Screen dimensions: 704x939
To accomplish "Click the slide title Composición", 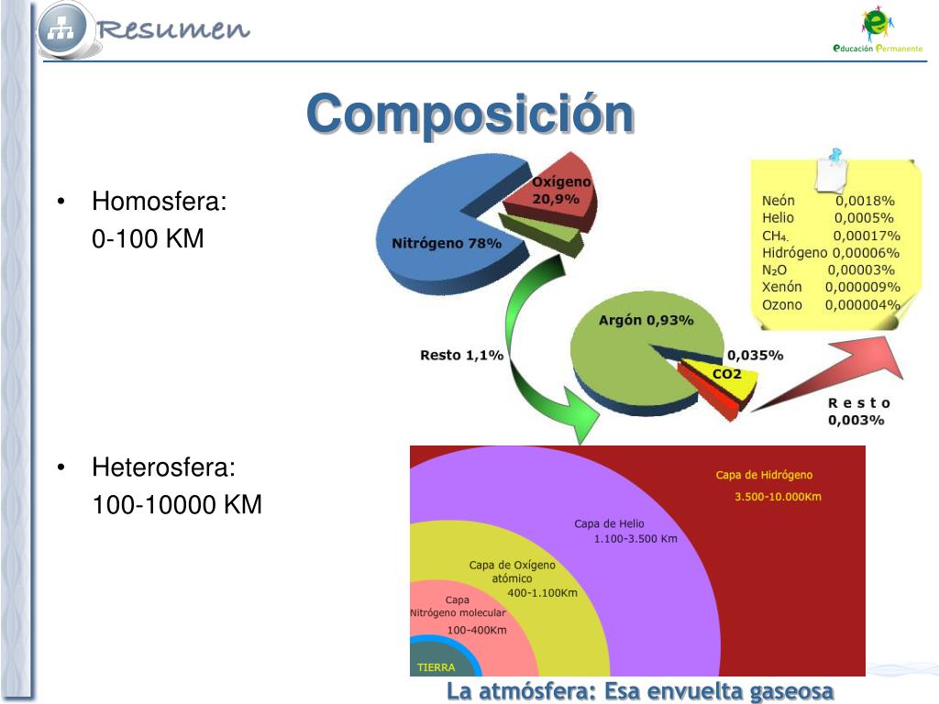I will [x=469, y=116].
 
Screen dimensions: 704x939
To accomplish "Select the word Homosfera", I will [x=159, y=202].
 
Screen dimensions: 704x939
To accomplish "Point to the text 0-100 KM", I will [x=148, y=239].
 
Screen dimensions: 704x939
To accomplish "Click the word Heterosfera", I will [x=163, y=467].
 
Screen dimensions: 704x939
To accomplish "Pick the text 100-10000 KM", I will [x=177, y=505].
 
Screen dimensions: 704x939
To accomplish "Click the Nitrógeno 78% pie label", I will [x=447, y=244].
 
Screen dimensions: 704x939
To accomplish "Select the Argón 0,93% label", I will [x=646, y=321].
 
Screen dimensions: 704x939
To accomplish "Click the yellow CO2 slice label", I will [x=726, y=374].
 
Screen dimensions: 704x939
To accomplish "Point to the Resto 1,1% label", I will [x=461, y=355].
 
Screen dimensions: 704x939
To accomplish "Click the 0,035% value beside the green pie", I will [x=755, y=355].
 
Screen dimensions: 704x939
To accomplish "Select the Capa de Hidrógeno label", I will [x=764, y=475].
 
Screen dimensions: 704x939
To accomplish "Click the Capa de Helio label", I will [x=609, y=523].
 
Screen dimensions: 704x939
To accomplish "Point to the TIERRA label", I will [x=436, y=666].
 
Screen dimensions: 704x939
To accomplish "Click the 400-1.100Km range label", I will [x=543, y=593].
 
